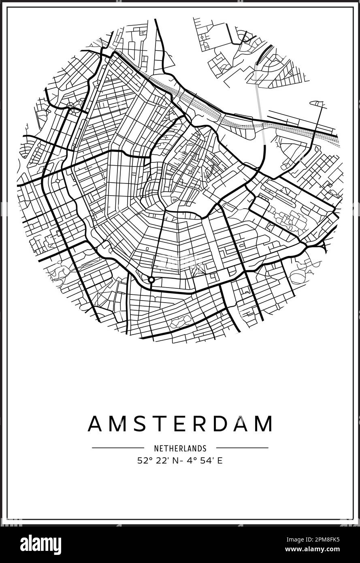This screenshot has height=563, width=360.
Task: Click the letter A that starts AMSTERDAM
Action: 96,424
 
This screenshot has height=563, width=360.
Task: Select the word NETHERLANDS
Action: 180,448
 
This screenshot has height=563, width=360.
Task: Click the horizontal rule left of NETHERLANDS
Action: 118,448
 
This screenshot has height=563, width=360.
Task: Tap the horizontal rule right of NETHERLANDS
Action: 242,448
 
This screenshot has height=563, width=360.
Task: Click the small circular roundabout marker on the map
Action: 151,279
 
